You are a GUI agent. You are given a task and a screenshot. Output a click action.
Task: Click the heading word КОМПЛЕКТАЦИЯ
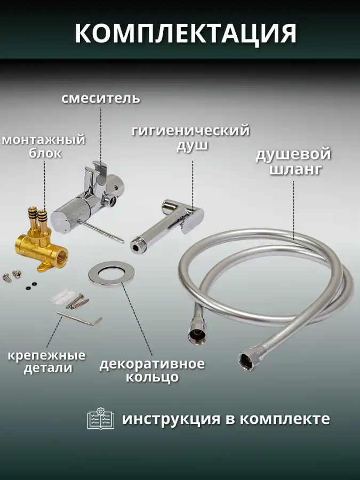pos(186,33)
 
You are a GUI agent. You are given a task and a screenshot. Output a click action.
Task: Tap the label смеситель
pos(101,99)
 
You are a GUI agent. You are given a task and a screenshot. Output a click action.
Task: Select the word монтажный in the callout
pos(44,140)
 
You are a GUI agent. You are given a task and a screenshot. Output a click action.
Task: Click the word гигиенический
pos(191,131)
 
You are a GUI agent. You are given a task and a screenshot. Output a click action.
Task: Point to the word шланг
pos(295,169)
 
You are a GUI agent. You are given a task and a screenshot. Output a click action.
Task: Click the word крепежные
pos(46,356)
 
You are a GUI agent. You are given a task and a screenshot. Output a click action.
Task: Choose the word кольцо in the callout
pos(152,377)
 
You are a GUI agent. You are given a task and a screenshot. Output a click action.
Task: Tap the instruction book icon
pos(100,419)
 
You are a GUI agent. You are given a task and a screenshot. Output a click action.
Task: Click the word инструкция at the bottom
pos(171,419)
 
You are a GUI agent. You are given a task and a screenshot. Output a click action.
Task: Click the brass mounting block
pos(41,242)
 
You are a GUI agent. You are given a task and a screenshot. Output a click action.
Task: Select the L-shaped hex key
pos(79,319)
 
